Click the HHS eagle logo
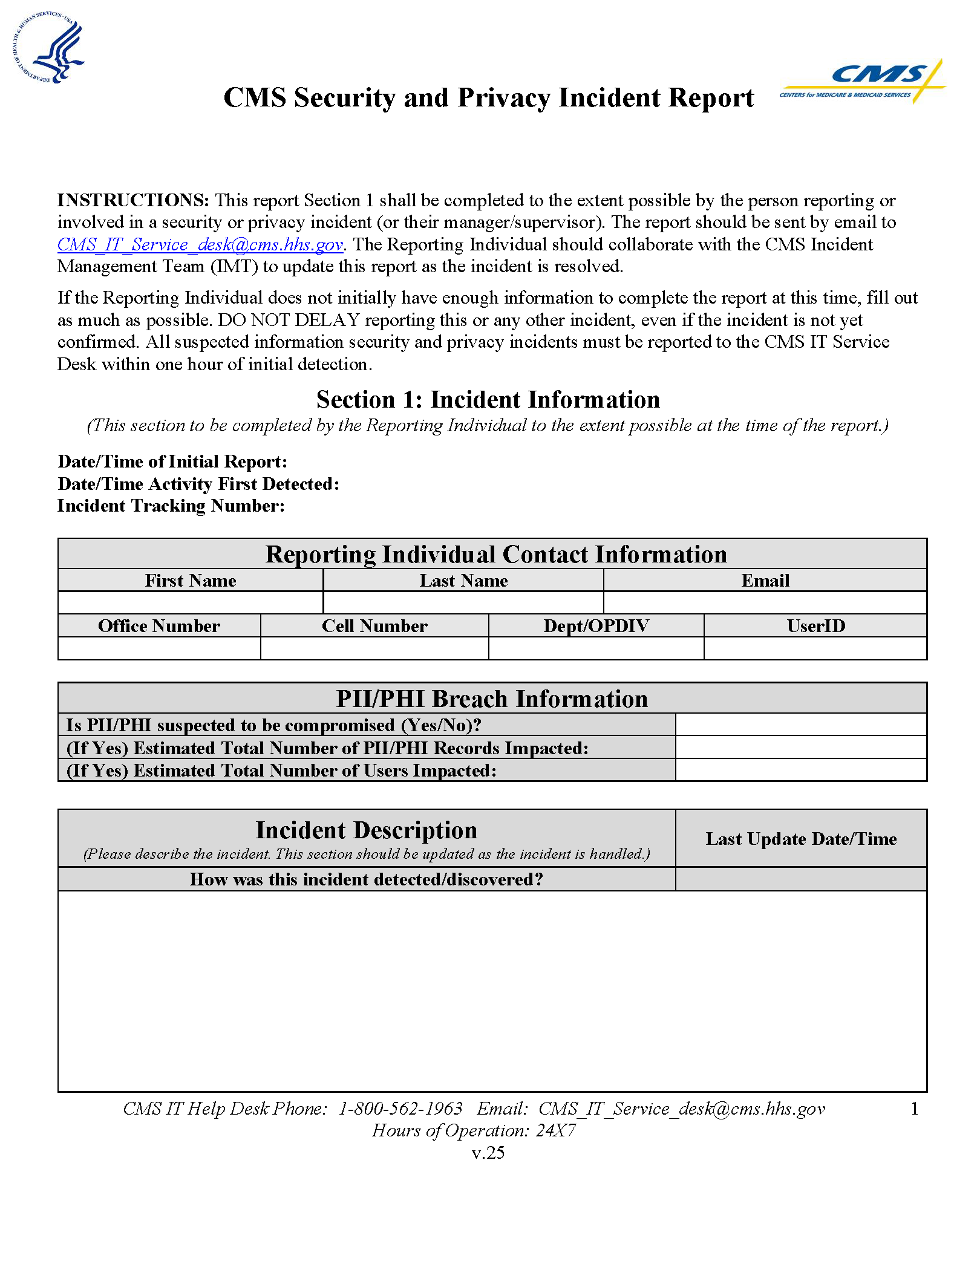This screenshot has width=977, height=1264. [x=48, y=48]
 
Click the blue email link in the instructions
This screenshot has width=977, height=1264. [x=200, y=244]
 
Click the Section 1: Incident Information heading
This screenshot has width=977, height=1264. [x=488, y=400]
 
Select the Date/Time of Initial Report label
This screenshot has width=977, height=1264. [x=172, y=461]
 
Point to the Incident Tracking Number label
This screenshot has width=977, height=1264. [x=171, y=506]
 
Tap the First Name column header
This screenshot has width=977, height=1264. [x=191, y=581]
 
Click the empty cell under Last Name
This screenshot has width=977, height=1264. [x=463, y=602]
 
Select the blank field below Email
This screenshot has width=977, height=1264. [x=765, y=602]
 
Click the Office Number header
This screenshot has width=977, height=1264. [x=159, y=626]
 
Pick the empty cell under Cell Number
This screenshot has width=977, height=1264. [x=374, y=648]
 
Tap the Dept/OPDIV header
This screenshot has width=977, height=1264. [x=596, y=626]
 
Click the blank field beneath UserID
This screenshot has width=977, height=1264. [x=815, y=648]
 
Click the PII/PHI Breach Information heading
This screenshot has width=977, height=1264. [x=492, y=699]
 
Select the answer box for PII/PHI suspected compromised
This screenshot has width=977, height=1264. [x=800, y=725]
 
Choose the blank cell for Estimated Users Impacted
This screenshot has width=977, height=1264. [x=800, y=770]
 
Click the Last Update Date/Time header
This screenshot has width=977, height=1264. [x=800, y=839]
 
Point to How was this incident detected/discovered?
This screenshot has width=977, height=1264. [x=366, y=879]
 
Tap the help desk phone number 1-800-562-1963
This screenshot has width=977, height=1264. [x=400, y=1109]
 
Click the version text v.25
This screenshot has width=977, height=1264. [x=488, y=1153]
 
